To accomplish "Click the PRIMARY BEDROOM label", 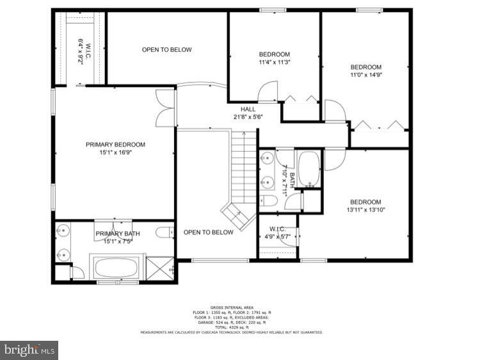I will pyautogui.click(x=115, y=145).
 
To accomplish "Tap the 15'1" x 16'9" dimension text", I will pyautogui.click(x=115, y=153).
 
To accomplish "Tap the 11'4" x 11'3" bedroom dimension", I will pyautogui.click(x=274, y=63).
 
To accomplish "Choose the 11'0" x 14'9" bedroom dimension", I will pyautogui.click(x=365, y=76).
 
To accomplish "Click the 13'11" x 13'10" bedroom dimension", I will pyautogui.click(x=365, y=209).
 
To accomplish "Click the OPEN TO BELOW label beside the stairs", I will pyautogui.click(x=208, y=233).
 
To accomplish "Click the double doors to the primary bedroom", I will pyautogui.click(x=164, y=109).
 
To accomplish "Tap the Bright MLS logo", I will pyautogui.click(x=29, y=350).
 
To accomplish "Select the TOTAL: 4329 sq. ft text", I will pyautogui.click(x=232, y=327).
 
